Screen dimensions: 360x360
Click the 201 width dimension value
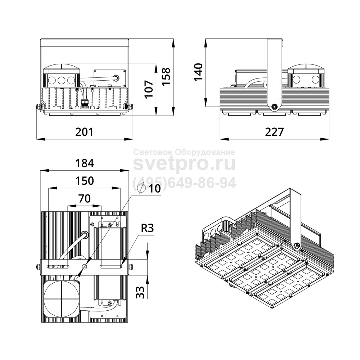(85, 132)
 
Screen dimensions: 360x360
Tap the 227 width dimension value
(274, 132)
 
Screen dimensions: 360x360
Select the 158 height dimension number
(166, 77)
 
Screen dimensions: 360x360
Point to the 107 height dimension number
(149, 89)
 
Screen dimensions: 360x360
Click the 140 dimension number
(198, 72)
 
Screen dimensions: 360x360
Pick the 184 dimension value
(85, 163)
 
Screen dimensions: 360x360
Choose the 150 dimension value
(85, 181)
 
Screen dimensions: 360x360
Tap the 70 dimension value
(85, 198)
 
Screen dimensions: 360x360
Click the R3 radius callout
(147, 228)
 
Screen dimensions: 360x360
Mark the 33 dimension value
(140, 292)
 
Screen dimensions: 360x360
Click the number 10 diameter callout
(154, 189)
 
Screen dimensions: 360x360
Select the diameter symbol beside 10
(141, 189)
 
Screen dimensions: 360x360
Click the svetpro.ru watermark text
(184, 164)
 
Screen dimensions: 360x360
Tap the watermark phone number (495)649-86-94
(184, 183)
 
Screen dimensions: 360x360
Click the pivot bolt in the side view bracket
(274, 106)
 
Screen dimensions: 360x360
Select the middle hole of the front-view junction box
(62, 80)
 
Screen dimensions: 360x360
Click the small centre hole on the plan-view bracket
(85, 266)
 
